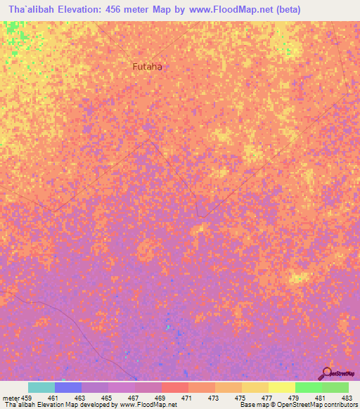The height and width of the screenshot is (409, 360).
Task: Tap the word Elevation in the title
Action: (82, 10)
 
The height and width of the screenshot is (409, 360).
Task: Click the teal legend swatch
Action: (41, 387)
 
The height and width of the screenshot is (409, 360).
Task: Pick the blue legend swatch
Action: (68, 387)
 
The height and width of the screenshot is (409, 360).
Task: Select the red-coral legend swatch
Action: (175, 387)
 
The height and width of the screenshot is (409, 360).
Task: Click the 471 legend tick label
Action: (188, 398)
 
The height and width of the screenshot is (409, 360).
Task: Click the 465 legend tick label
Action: (108, 398)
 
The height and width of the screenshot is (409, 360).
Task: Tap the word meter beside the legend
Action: (11, 398)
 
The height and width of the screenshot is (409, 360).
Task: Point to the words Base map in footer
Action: (252, 405)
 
